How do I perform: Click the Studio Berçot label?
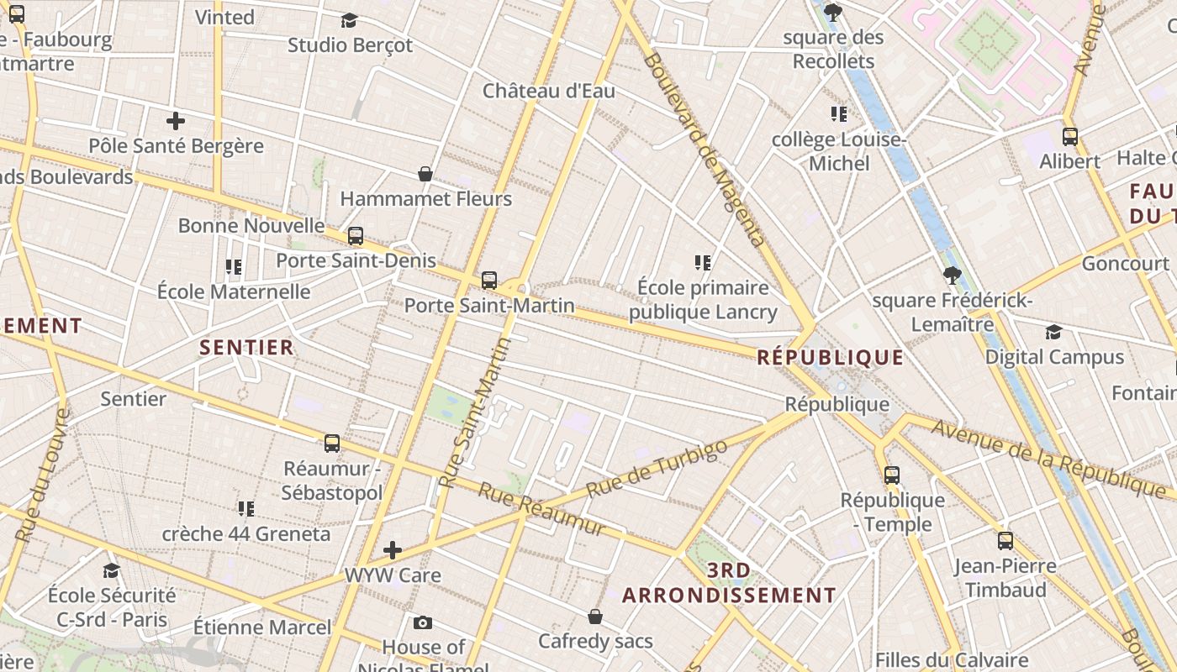click(x=350, y=45)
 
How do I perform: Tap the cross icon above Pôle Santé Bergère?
click(x=176, y=121)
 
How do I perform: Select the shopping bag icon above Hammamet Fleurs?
click(x=425, y=174)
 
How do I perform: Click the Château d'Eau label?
click(x=548, y=91)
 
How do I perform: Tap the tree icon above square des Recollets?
click(x=833, y=13)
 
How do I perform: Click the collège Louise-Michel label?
click(x=838, y=151)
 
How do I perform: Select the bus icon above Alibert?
click(x=1070, y=136)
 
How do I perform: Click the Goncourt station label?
click(x=1125, y=264)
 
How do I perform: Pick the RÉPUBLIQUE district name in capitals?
click(x=830, y=358)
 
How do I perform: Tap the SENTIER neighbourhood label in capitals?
click(x=246, y=347)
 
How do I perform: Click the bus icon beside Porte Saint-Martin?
click(x=489, y=281)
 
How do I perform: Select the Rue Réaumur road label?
click(x=541, y=509)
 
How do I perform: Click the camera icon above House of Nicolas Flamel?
click(x=423, y=622)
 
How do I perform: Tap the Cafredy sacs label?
click(x=595, y=642)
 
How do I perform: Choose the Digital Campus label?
click(x=1054, y=357)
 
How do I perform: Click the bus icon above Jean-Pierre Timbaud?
click(x=1005, y=541)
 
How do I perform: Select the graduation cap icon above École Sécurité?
click(x=112, y=571)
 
